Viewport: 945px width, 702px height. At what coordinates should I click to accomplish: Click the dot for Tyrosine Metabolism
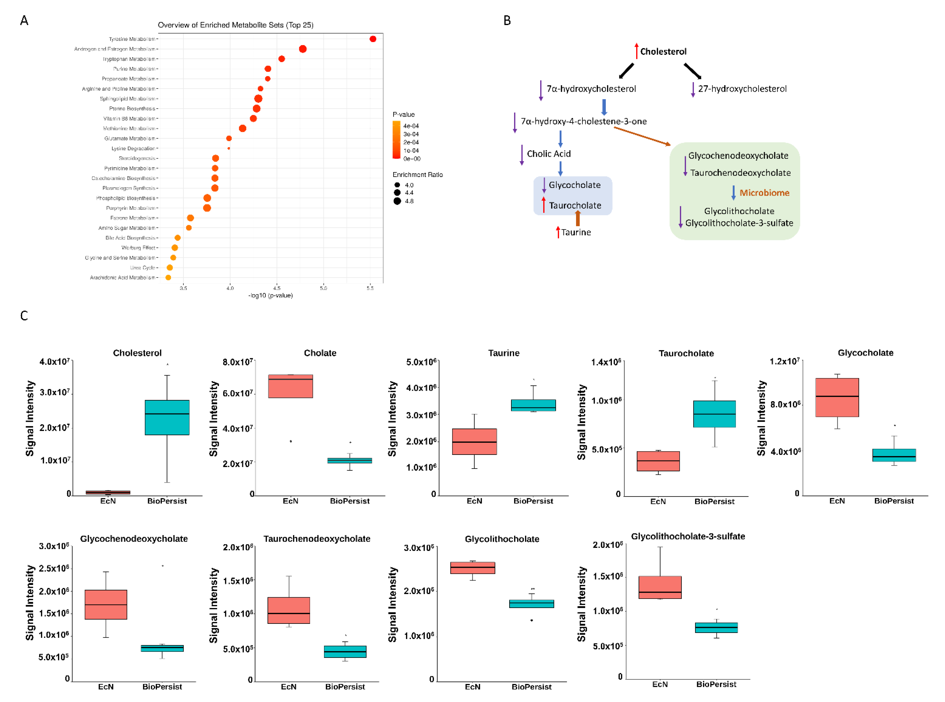coord(373,39)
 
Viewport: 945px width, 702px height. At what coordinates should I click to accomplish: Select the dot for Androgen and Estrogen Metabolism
coord(303,49)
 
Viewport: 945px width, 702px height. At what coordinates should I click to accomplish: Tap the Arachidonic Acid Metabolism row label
coord(122,277)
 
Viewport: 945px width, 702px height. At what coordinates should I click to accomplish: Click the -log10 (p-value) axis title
coord(270,295)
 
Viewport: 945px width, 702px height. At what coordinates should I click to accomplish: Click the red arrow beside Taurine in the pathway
coord(558,232)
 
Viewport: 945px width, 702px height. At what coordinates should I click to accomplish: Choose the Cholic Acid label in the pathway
coord(549,154)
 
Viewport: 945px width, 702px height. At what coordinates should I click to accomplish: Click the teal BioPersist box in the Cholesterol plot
coord(167,417)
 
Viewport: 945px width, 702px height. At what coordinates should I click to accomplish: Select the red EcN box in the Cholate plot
coord(291,386)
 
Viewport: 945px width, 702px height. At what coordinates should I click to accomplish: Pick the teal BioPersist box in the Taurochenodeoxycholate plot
coord(345,651)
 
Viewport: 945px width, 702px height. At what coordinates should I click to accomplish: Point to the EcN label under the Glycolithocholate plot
coord(472,687)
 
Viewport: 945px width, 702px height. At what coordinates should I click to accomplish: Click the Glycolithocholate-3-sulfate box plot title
coord(688,536)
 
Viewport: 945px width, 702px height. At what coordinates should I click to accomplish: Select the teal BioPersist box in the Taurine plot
coord(533,405)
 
